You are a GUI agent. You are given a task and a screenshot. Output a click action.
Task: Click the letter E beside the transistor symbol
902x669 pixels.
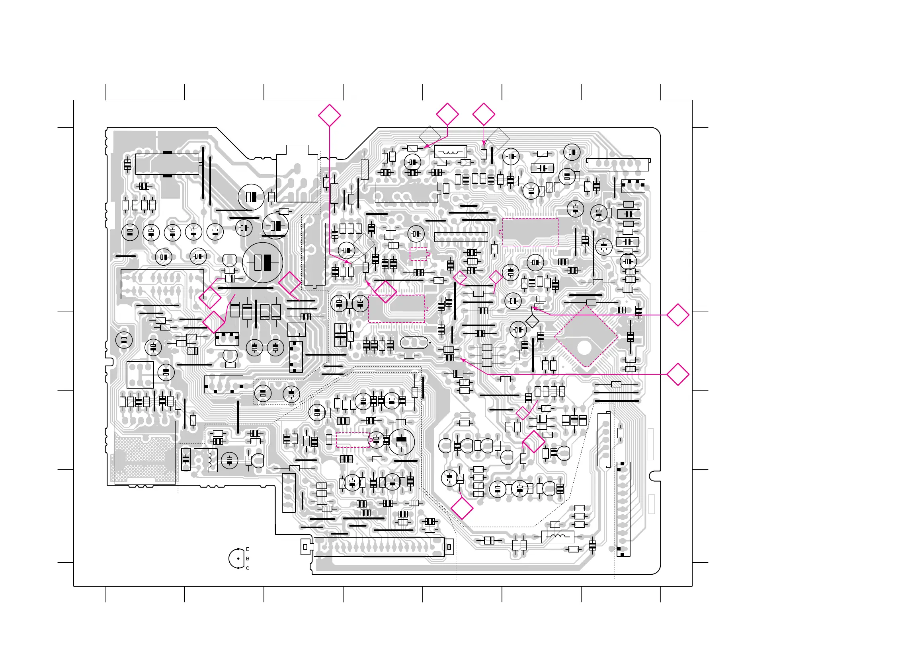[x=248, y=549]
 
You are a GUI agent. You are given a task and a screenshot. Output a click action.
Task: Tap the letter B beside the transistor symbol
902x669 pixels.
[x=248, y=558]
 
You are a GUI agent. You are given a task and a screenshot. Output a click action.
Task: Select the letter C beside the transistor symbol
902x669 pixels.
[x=248, y=568]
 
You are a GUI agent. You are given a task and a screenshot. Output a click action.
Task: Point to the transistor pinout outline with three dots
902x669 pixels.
[x=236, y=559]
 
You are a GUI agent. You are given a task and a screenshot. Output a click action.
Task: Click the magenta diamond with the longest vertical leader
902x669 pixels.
[x=329, y=115]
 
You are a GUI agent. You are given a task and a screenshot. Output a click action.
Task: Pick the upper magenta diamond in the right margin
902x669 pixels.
[x=677, y=315]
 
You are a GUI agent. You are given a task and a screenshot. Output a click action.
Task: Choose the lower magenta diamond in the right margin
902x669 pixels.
[x=677, y=374]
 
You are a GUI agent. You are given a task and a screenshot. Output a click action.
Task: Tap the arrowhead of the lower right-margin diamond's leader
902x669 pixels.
[x=461, y=359]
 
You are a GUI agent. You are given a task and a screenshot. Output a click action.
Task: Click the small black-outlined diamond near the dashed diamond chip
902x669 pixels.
[x=532, y=321]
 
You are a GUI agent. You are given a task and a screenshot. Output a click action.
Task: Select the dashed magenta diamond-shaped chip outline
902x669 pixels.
[x=586, y=336]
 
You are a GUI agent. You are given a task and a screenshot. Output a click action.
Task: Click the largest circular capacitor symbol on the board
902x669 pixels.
[x=263, y=263]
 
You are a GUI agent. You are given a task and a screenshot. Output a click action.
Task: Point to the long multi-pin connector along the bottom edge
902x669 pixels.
[x=379, y=547]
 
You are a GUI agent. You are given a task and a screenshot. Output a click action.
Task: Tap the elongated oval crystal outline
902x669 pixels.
[x=414, y=342]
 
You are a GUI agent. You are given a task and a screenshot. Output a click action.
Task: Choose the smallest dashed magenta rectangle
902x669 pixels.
[x=418, y=254]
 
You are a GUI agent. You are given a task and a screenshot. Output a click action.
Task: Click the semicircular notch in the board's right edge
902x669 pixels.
[x=654, y=476]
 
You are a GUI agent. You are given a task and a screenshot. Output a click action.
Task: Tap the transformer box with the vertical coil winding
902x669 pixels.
[x=205, y=460]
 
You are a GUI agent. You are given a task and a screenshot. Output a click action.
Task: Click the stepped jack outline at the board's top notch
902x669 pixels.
[x=297, y=174]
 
